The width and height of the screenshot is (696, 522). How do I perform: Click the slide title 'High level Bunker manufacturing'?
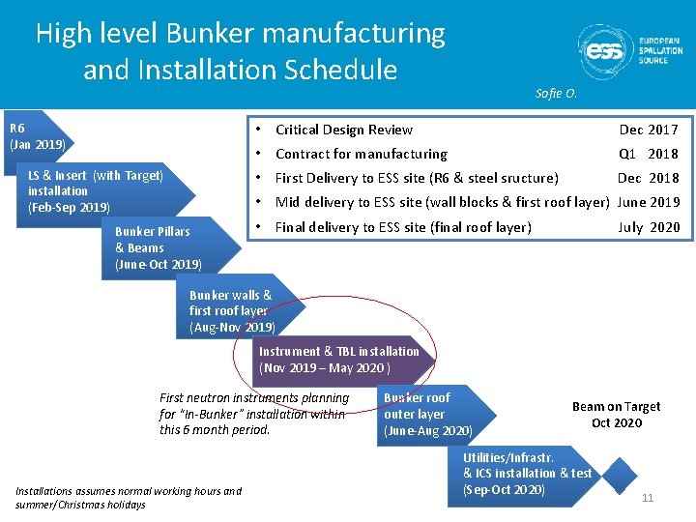coord(241,34)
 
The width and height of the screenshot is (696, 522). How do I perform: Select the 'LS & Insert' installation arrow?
coord(97,190)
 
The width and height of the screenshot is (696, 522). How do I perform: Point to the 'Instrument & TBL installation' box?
coord(338,360)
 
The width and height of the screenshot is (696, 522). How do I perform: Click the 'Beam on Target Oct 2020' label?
coord(616,415)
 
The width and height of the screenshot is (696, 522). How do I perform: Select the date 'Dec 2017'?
coord(649,130)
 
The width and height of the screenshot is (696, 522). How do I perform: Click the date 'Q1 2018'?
coord(649,154)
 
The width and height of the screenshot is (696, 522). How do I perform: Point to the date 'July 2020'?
coord(649,227)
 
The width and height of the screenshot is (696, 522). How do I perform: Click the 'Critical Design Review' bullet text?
coord(344,130)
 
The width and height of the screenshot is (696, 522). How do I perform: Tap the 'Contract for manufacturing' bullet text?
coord(362,154)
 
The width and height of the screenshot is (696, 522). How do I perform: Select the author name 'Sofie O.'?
coord(556,94)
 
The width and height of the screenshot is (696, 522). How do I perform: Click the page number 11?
coord(648,498)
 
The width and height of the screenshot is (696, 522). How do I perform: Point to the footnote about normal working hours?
coord(129,498)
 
